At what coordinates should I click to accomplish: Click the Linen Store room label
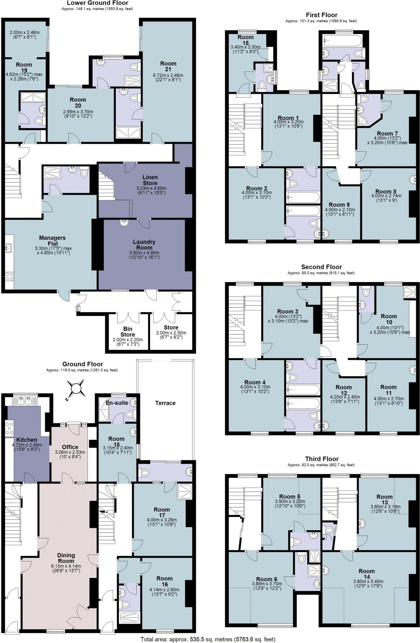click(150, 180)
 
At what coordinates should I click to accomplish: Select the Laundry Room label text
click(144, 245)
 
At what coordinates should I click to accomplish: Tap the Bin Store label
click(128, 332)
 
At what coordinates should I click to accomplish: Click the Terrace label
click(165, 403)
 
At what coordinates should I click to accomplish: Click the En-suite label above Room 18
click(116, 403)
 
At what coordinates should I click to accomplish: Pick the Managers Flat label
click(52, 241)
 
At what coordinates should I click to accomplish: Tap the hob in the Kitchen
click(9, 429)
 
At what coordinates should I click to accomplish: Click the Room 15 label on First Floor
click(245, 40)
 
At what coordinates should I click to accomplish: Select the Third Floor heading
click(322, 459)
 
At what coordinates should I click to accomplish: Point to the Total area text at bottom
click(208, 639)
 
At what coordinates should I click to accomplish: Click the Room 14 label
click(367, 574)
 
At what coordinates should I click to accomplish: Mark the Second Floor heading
click(321, 267)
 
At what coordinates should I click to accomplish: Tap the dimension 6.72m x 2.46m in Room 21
click(168, 75)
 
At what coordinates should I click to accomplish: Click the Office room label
click(70, 447)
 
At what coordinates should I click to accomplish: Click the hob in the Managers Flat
click(9, 276)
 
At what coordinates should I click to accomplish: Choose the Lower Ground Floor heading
click(98, 3)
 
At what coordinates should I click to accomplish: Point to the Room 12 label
click(343, 390)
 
